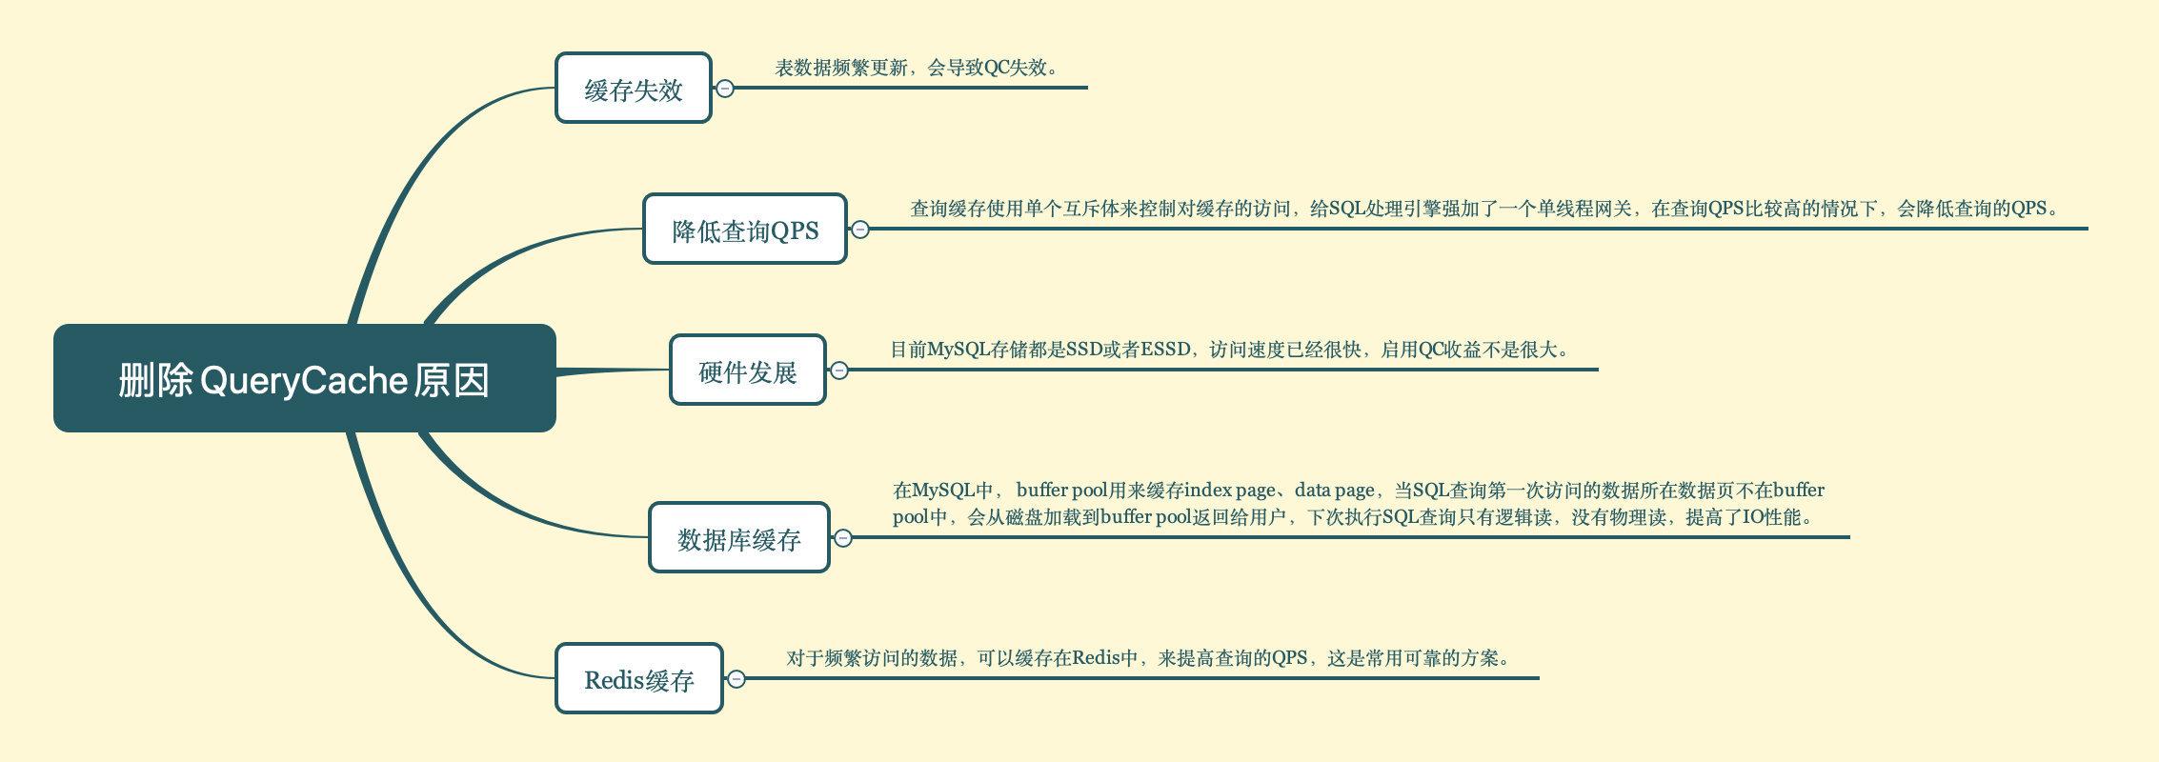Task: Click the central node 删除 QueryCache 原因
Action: pos(304,378)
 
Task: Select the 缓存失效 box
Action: pos(634,89)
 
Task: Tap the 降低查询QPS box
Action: pos(744,230)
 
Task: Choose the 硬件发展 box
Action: pos(747,371)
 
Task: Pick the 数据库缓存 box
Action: pos(738,538)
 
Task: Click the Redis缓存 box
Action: pos(638,679)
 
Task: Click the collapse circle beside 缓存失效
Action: pos(725,89)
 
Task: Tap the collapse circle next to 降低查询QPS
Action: pos(860,230)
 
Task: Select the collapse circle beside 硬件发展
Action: pos(839,371)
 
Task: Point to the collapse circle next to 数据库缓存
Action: pos(843,538)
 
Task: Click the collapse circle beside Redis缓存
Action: pos(736,679)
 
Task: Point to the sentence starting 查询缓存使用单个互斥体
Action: pos(1483,209)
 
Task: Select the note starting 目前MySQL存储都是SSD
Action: pos(1230,350)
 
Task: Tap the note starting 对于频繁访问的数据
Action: pos(1149,658)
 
